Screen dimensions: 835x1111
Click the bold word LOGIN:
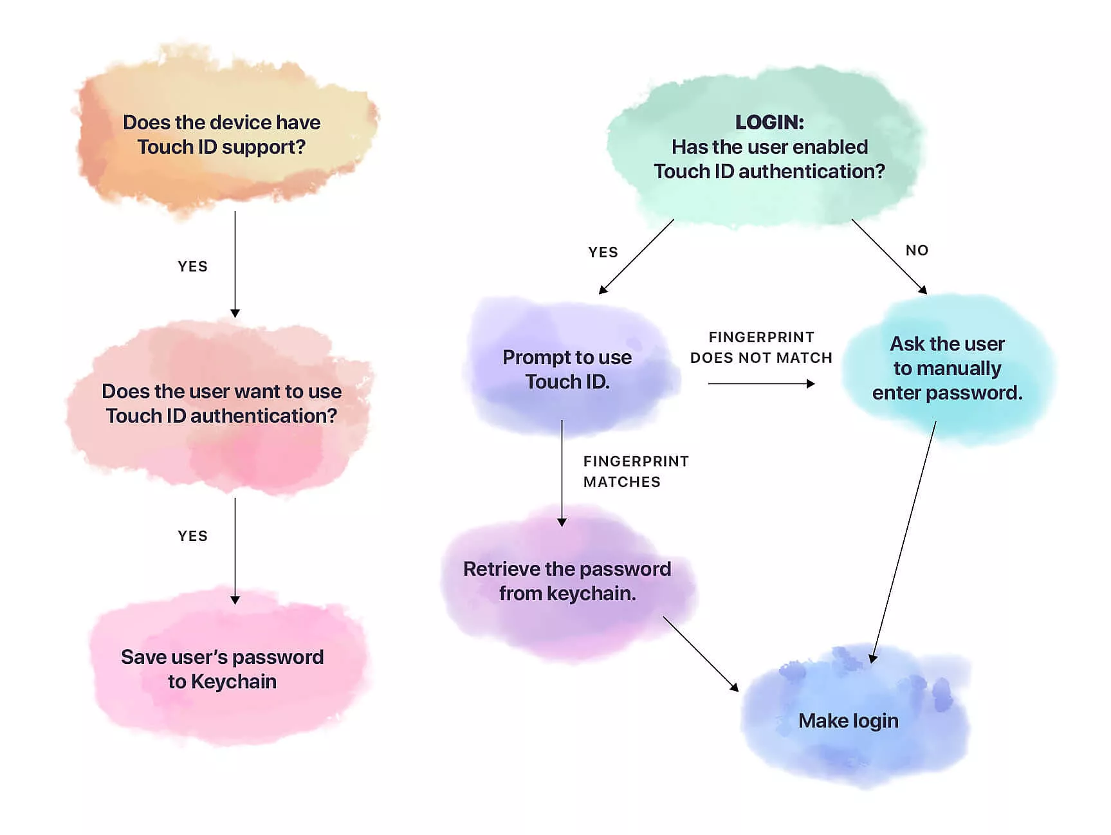[x=769, y=122]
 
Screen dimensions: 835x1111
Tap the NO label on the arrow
[x=917, y=250]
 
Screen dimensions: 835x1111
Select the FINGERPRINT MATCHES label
[x=636, y=472]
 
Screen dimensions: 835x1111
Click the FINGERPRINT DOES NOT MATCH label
[x=761, y=347]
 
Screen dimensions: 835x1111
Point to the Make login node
[x=848, y=720]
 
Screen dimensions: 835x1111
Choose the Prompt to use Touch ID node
[x=567, y=369]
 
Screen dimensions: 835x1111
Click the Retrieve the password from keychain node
[x=567, y=581]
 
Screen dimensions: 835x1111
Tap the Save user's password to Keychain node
[x=222, y=669]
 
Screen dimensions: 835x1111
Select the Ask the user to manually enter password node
[x=947, y=368]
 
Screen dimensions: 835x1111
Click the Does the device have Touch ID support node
[x=222, y=134]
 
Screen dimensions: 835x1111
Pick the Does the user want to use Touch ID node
[x=222, y=403]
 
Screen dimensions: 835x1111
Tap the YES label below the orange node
[x=192, y=266]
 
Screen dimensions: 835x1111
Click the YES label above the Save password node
[x=192, y=536]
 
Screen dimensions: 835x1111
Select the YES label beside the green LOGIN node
[x=603, y=252]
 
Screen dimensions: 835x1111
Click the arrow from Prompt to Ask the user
[x=761, y=384]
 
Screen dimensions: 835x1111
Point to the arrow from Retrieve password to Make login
[x=701, y=654]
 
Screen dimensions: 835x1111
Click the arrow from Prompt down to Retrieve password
[x=562, y=473]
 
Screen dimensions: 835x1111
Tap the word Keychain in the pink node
[x=234, y=682]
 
